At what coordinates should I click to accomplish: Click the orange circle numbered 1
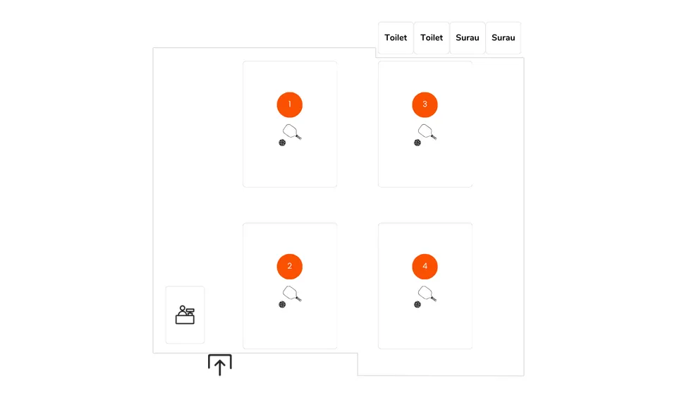point(290,104)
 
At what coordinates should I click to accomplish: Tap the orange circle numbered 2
point(290,266)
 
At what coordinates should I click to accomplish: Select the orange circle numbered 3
point(425,104)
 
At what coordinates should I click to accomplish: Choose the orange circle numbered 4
point(425,266)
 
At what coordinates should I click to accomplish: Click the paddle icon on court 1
point(291,131)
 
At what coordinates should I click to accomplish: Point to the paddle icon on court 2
point(291,293)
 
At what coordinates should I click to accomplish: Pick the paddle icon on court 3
point(427,131)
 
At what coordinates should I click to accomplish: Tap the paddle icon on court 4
point(427,293)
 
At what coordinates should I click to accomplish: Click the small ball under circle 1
point(282,143)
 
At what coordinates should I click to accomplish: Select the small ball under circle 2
point(282,304)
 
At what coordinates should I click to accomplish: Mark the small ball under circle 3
point(417,143)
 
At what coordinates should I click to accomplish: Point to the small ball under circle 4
point(417,304)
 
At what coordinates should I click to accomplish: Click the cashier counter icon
point(185,315)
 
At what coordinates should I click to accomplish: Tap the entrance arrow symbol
point(220,365)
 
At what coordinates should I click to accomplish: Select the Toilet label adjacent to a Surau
point(432,37)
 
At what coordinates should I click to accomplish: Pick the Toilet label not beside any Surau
point(396,37)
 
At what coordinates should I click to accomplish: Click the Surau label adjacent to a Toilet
point(468,37)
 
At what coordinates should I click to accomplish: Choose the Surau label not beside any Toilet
point(504,37)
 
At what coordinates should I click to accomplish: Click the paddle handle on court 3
point(433,137)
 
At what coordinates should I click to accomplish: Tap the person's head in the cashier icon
point(183,308)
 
